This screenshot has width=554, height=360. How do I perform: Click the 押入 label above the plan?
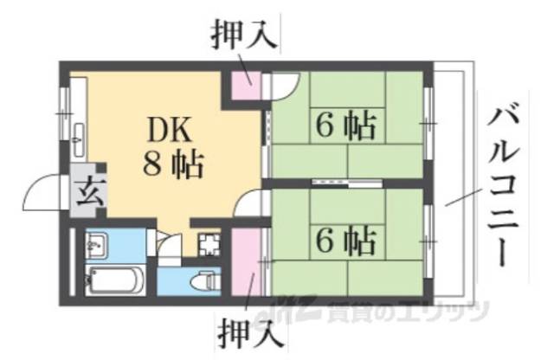coord(244,33)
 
